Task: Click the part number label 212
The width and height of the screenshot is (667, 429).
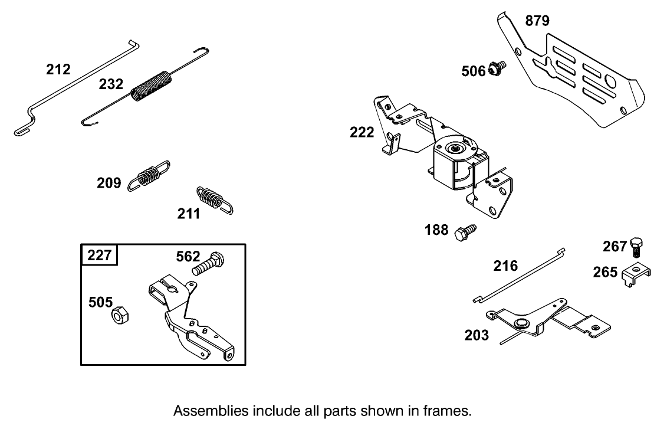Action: coord(58,70)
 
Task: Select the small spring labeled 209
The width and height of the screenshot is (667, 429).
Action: coord(149,175)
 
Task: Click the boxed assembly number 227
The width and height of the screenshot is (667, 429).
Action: coord(99,256)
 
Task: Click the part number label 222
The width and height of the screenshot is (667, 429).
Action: coord(362,132)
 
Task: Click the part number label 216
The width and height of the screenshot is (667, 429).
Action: coord(505,266)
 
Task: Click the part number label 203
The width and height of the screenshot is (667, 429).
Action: coord(477,336)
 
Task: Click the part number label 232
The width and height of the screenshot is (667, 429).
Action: coord(111,84)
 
